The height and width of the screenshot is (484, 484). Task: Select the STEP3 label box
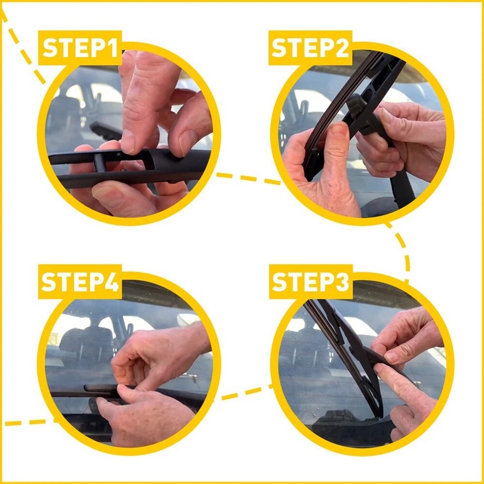coord(310,282)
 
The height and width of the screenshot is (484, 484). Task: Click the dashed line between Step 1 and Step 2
coord(247,178)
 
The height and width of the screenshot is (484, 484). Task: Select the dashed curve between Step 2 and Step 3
coord(403,252)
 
